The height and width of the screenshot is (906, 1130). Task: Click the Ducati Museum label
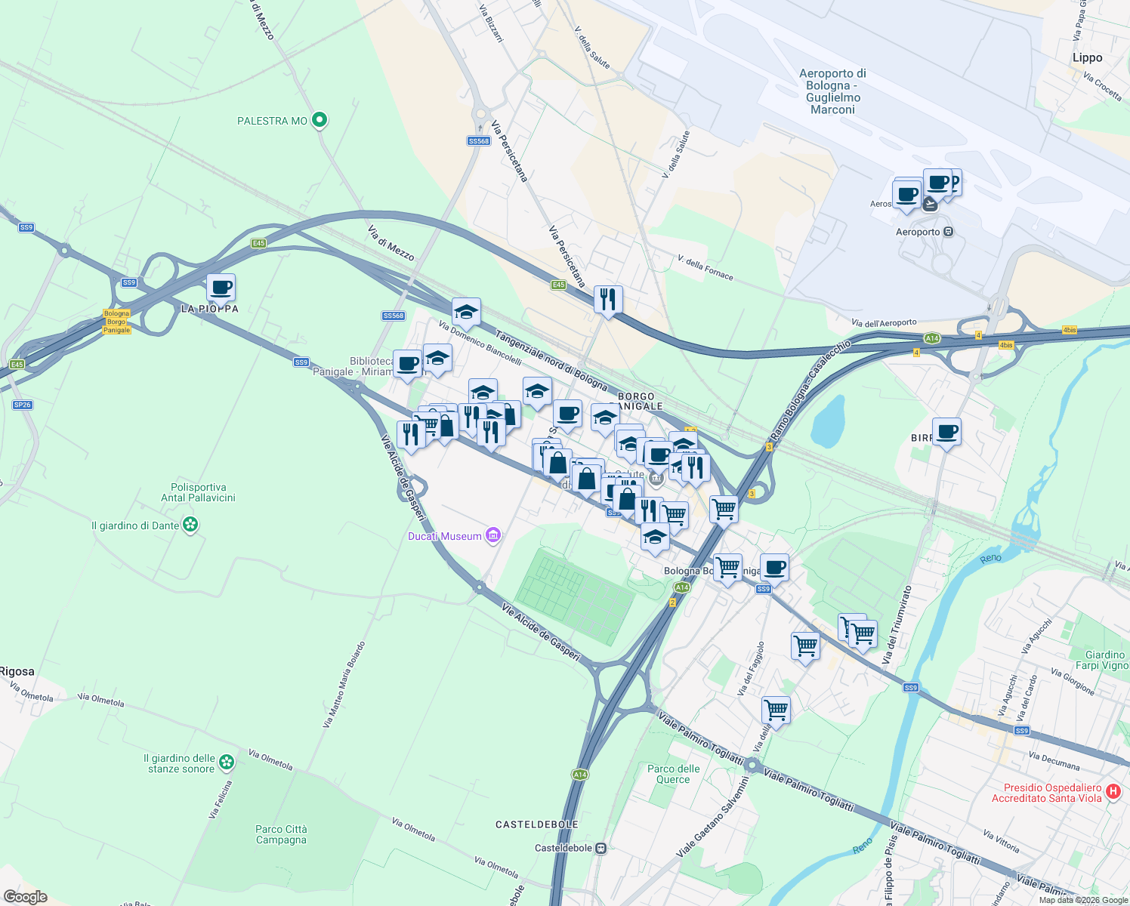point(444,536)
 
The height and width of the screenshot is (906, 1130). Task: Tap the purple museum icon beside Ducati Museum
point(493,536)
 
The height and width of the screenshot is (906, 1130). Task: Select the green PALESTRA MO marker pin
point(320,120)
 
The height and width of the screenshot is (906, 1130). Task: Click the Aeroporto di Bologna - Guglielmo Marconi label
point(832,91)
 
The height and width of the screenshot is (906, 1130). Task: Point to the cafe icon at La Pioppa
point(221,288)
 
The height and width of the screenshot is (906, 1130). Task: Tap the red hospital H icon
point(1113,791)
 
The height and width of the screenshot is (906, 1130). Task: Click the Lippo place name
point(1087,58)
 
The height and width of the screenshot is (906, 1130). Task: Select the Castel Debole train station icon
point(601,848)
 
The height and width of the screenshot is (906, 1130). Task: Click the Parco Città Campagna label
point(281,834)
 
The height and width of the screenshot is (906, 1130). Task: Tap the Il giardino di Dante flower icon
point(190,525)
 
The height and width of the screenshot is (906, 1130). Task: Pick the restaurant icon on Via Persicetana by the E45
point(608,300)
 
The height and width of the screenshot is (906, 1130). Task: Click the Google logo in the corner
point(25,896)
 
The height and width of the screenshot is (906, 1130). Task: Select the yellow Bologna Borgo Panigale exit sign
point(117,322)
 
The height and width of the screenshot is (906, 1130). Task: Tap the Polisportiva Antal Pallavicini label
point(198,492)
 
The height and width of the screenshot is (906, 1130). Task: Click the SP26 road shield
point(22,405)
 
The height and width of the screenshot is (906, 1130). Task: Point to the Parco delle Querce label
point(673,774)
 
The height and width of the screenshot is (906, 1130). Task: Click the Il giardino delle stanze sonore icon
point(227,763)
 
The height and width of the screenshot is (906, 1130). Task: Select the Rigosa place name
point(17,671)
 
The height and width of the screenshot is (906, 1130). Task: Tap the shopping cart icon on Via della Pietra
point(776,710)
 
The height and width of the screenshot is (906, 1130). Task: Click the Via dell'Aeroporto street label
point(884,323)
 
